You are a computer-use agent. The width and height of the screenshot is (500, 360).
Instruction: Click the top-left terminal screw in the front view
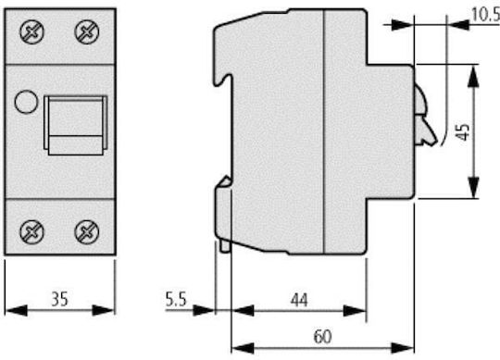(x=31, y=31)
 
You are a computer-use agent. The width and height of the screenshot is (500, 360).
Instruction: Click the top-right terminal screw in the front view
(x=87, y=31)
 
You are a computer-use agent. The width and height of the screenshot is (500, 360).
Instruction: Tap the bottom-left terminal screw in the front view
(x=31, y=232)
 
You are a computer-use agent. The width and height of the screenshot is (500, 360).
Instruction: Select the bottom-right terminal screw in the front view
(x=87, y=232)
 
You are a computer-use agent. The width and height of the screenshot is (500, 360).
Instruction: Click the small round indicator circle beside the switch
(x=26, y=102)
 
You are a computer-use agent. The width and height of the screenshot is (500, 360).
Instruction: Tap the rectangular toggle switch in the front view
(x=76, y=125)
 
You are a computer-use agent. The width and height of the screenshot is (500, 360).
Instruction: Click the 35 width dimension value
(x=60, y=299)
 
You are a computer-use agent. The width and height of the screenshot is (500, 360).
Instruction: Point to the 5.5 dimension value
(x=176, y=299)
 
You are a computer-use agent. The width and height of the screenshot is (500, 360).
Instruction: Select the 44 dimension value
(x=299, y=300)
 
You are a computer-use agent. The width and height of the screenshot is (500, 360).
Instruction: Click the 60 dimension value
(x=323, y=337)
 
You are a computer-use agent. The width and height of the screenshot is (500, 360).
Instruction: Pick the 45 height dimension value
(x=462, y=131)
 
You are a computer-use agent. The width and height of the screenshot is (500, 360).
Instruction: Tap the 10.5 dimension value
(x=485, y=15)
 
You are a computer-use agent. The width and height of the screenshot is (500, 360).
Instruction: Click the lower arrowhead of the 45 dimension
(x=473, y=187)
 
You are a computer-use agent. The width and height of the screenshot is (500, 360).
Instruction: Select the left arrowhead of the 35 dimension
(x=17, y=310)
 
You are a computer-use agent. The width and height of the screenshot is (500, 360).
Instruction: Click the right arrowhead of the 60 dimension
(x=403, y=348)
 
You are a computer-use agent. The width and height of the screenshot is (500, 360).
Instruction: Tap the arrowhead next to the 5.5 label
(x=204, y=310)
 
